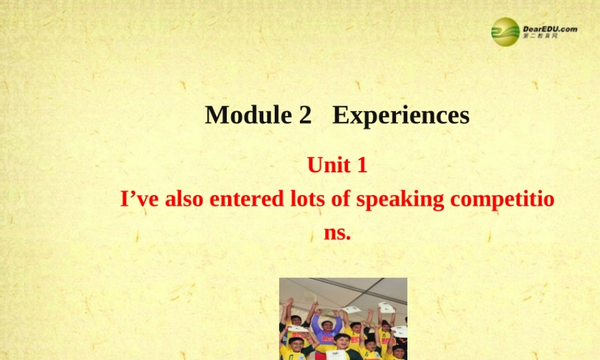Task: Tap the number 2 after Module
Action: point(304,115)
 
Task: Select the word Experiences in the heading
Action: point(401,115)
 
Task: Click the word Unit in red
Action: point(328,164)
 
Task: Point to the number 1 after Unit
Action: point(361,164)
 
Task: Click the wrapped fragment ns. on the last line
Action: point(337,233)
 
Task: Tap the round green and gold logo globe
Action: point(505,31)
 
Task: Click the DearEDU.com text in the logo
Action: point(550,28)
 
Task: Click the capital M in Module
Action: point(217,115)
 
